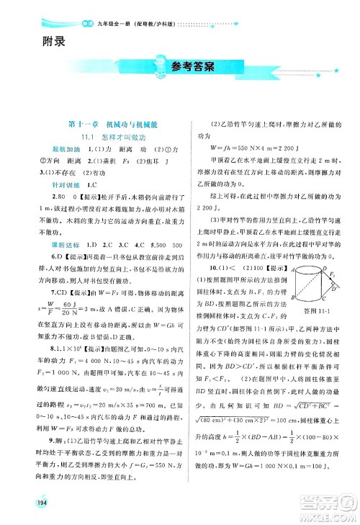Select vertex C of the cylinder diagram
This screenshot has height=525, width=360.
tap(325, 300)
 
